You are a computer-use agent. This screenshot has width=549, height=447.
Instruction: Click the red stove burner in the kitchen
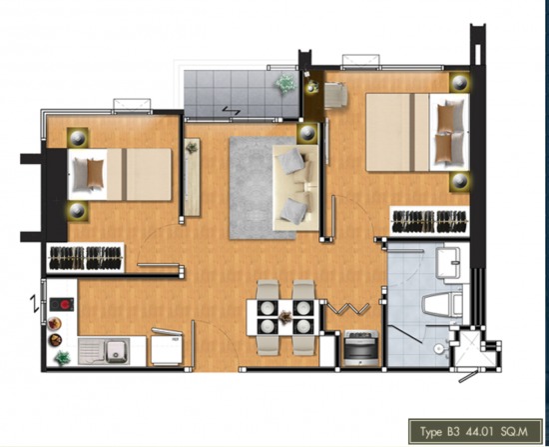[x=66, y=304]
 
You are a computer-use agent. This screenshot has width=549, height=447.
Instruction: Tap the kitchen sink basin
[x=117, y=351]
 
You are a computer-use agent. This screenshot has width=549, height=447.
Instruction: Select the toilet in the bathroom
[x=443, y=305]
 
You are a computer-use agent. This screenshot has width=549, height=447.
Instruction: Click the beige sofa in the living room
[x=295, y=188]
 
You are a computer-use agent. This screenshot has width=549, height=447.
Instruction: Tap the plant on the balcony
[x=285, y=83]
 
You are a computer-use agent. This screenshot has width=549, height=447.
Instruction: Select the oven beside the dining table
[x=361, y=348]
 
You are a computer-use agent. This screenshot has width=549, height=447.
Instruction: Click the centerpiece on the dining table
[x=285, y=317]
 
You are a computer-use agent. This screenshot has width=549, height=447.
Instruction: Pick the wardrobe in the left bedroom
[x=86, y=258]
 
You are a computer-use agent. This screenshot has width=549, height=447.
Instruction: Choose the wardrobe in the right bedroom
[x=429, y=221]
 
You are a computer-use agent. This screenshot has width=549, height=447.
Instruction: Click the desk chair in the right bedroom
[x=335, y=94]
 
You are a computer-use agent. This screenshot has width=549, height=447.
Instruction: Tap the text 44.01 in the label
[x=479, y=431]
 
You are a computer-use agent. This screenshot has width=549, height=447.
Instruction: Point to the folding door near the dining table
[x=347, y=308]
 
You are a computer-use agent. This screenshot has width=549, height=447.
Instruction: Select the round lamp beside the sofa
[x=307, y=133]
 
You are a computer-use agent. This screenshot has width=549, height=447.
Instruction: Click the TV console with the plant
[x=192, y=177]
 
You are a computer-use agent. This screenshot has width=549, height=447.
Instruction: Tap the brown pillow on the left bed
[x=95, y=174]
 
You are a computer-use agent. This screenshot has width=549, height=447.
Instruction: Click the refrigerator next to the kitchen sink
[x=167, y=348]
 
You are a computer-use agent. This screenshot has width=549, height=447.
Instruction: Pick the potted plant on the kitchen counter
[x=62, y=357]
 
